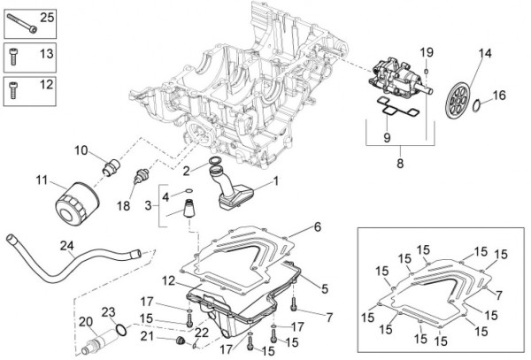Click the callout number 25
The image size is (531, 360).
47,19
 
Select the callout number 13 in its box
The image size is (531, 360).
47,55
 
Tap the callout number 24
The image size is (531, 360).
67,245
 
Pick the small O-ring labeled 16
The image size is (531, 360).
477,108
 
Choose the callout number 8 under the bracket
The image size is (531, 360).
399,164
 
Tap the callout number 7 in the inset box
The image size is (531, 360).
500,295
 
